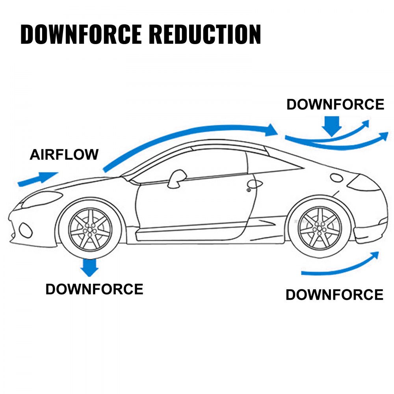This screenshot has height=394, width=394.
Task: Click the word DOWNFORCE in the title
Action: pyautogui.click(x=80, y=35)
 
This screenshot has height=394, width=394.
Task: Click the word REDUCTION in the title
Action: pyautogui.click(x=204, y=35)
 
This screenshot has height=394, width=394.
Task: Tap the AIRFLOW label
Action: pyautogui.click(x=64, y=155)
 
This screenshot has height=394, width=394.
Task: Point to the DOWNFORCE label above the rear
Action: pyautogui.click(x=335, y=104)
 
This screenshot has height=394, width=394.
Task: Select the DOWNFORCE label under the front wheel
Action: pyautogui.click(x=94, y=289)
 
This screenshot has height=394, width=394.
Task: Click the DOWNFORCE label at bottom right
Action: pyautogui.click(x=334, y=295)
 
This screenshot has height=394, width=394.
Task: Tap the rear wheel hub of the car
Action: pyautogui.click(x=320, y=229)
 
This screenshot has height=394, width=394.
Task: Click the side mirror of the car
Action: pyautogui.click(x=177, y=178)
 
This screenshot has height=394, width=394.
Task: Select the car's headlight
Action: pyautogui.click(x=41, y=199)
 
